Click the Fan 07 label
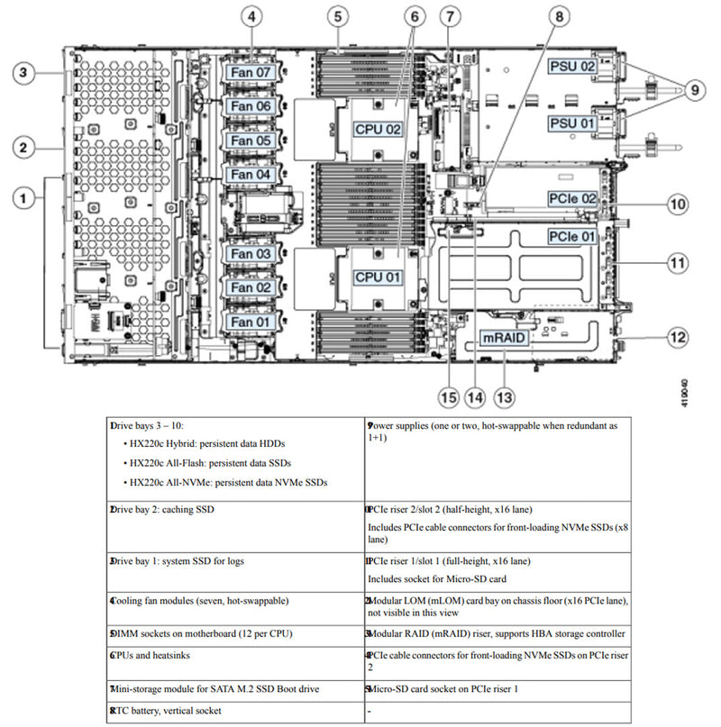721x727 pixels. tap(251, 71)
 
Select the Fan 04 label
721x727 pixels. tap(251, 174)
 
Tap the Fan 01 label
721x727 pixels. tap(251, 322)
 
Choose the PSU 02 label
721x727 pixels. tap(574, 67)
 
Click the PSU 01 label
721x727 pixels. tap(574, 123)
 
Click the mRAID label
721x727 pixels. tap(504, 338)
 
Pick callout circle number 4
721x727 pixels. tap(253, 16)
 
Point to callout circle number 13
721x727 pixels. tap(505, 395)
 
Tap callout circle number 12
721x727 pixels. tap(677, 338)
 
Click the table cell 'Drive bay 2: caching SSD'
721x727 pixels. tap(234, 509)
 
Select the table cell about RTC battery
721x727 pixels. tap(234, 711)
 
